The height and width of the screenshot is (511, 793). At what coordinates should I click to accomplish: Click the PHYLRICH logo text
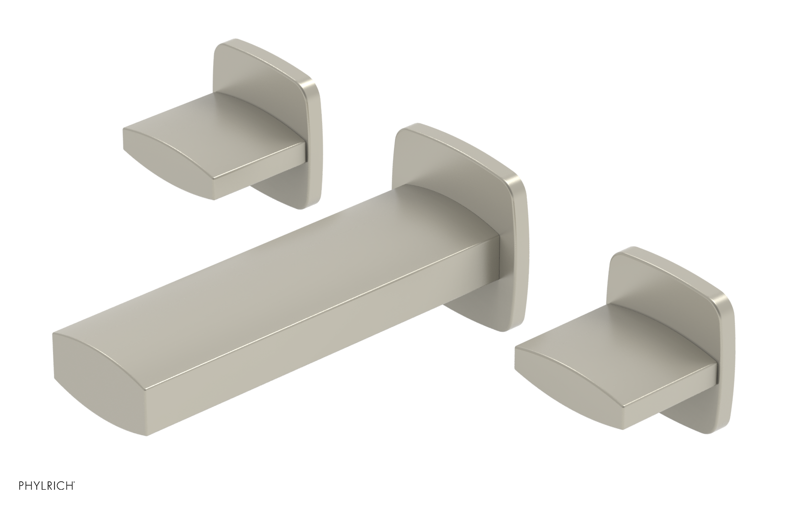pyautogui.click(x=38, y=496)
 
